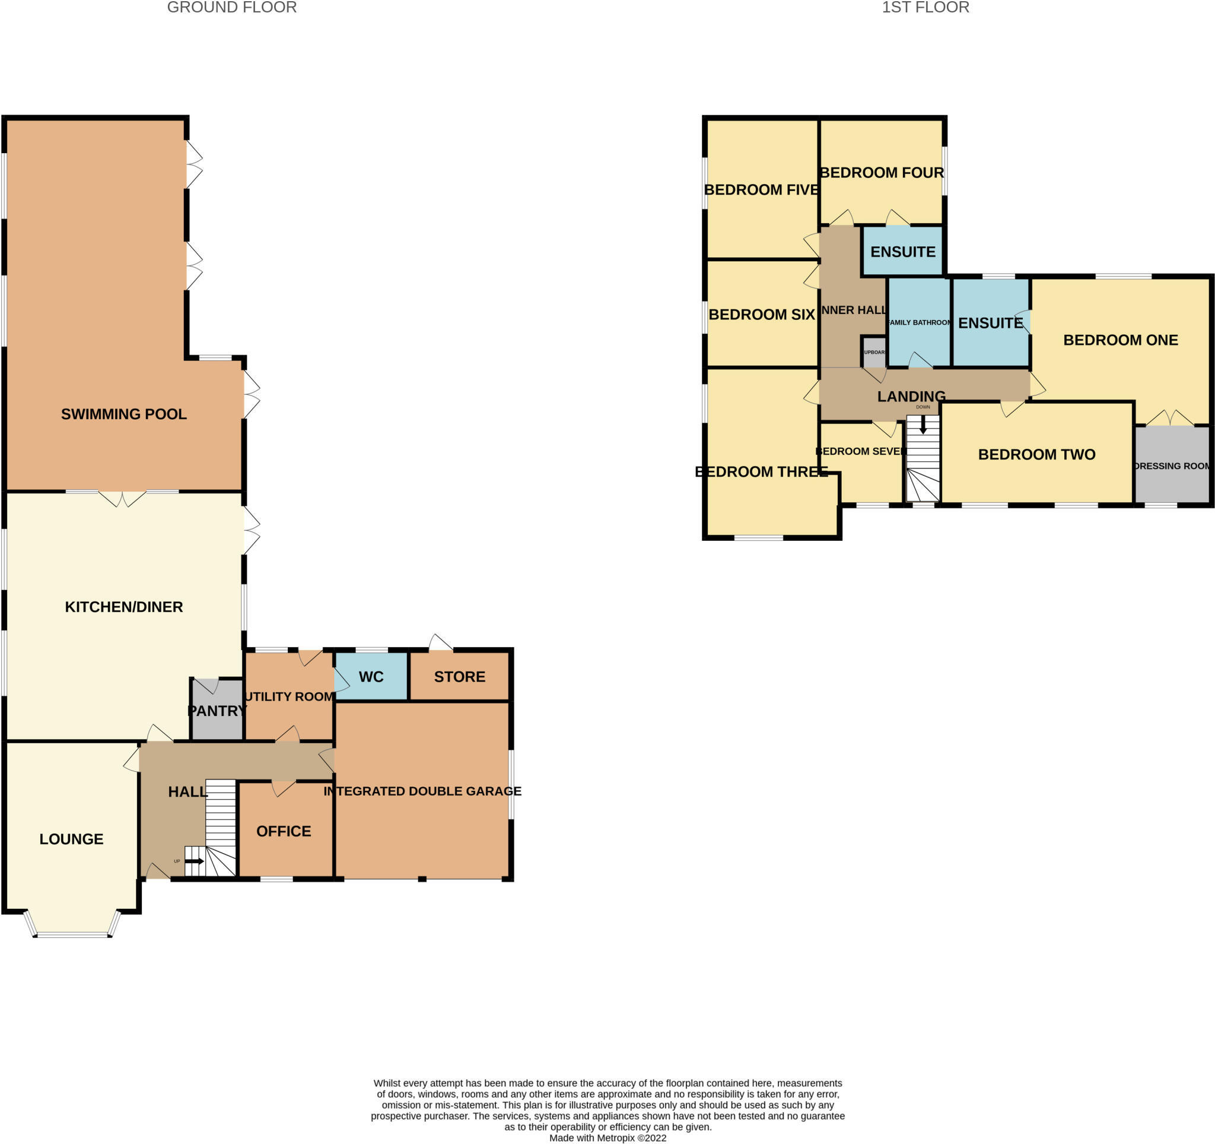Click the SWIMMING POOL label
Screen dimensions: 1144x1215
point(123,414)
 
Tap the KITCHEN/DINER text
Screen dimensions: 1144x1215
point(123,607)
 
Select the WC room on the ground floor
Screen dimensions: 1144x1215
point(371,676)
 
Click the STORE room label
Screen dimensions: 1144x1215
point(460,676)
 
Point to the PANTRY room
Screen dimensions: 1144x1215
point(217,711)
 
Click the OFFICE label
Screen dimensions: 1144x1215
point(284,831)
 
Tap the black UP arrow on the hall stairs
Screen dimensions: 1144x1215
point(195,861)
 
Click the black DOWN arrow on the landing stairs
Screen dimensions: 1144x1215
point(923,424)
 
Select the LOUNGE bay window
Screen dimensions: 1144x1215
point(72,934)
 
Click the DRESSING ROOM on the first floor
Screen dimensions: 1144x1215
point(1172,466)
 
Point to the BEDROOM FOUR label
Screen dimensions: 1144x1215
point(882,172)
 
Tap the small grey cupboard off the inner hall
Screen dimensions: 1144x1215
point(874,353)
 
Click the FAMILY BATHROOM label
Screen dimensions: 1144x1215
point(919,322)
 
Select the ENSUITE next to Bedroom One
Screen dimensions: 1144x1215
point(990,323)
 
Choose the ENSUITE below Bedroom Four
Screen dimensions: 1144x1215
point(903,251)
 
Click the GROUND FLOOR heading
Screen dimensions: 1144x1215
point(231,7)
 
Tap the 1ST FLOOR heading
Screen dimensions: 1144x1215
point(925,7)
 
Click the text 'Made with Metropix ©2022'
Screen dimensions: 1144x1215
point(607,1138)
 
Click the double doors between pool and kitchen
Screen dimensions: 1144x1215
point(122,498)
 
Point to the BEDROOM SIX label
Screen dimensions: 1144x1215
point(761,314)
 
